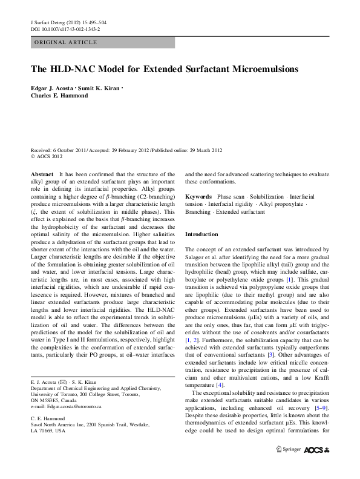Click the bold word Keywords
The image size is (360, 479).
tap(198, 197)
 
